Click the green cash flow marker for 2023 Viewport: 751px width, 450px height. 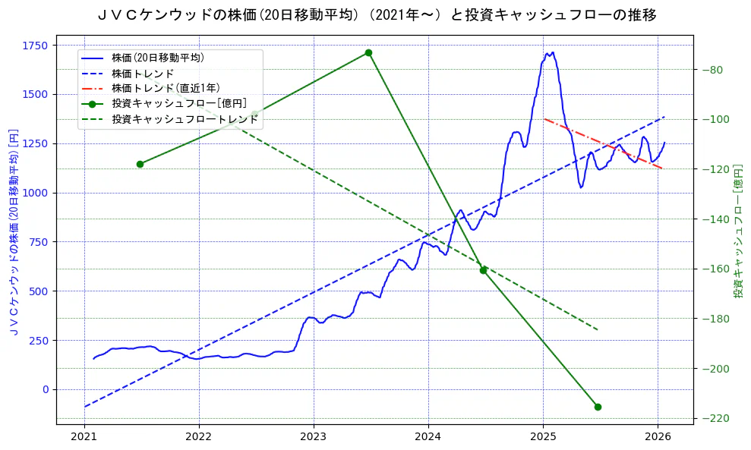368,52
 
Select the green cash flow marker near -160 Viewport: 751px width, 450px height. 483,270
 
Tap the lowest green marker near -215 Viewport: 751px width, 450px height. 598,407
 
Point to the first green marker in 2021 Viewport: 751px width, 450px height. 140,164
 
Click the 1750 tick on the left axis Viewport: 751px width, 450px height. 35,46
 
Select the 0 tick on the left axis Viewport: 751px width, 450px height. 45,389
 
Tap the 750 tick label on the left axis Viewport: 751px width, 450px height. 38,242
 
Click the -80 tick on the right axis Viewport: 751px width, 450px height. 713,70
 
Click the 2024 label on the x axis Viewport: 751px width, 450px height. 428,437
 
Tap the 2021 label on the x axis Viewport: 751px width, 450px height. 84,437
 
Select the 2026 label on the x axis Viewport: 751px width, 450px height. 658,437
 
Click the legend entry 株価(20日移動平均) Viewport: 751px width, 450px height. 157,58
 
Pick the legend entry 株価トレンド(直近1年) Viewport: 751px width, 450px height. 165,89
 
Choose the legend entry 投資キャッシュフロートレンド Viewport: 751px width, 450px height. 185,120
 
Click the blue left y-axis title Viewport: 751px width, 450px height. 13,232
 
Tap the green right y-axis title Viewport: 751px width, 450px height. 737,232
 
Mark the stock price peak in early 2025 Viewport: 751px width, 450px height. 552,52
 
